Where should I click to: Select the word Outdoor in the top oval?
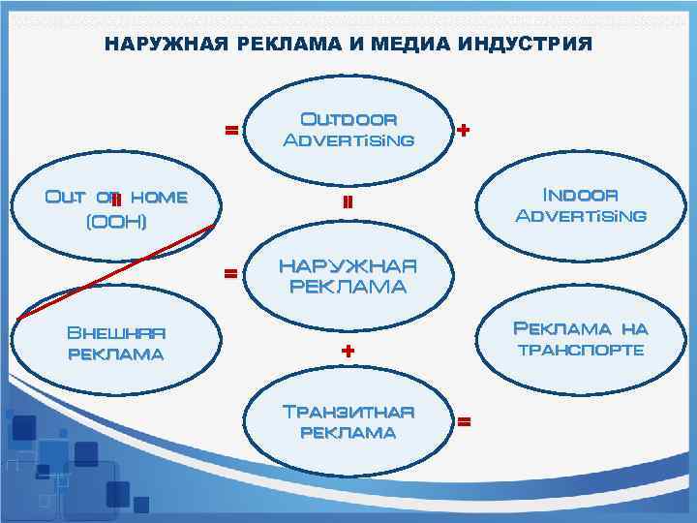(348, 120)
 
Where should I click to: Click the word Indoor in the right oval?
(580, 194)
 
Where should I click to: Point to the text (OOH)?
(117, 222)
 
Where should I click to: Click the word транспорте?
(581, 350)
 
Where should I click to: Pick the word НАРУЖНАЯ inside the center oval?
(348, 265)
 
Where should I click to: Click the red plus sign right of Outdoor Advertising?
(464, 129)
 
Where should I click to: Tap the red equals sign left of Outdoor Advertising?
(231, 129)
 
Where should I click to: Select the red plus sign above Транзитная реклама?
(348, 350)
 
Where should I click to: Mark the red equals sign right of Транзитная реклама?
(464, 422)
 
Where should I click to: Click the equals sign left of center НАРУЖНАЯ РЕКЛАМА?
(231, 273)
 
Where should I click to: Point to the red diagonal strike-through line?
(116, 271)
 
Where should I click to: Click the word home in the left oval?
(159, 197)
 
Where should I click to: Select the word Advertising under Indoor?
(581, 215)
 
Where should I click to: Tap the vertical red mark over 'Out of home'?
(115, 200)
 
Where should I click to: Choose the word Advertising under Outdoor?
(348, 140)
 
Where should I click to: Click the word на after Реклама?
(634, 329)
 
